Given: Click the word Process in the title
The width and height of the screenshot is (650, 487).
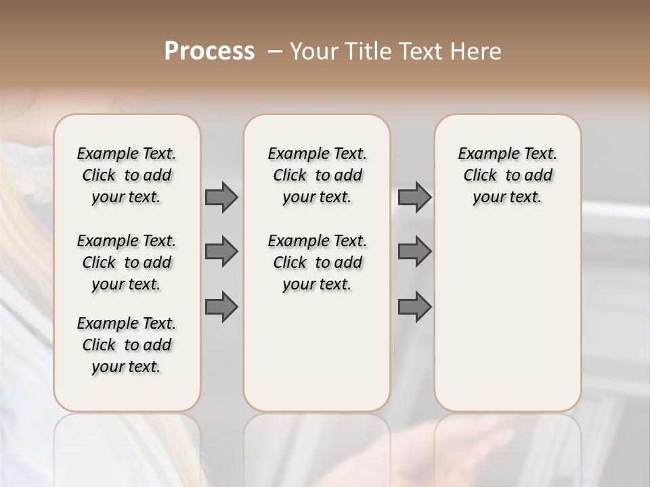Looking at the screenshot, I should pyautogui.click(x=210, y=51).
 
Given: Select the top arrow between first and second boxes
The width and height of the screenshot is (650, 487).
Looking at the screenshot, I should pyautogui.click(x=221, y=197).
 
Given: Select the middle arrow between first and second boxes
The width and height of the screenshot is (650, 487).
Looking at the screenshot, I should pyautogui.click(x=221, y=252).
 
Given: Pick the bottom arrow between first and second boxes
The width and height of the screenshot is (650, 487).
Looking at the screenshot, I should pyautogui.click(x=221, y=307).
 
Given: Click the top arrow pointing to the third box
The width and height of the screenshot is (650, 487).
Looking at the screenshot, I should pyautogui.click(x=414, y=197).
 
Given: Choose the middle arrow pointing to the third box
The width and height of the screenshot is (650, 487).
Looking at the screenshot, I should pyautogui.click(x=414, y=252).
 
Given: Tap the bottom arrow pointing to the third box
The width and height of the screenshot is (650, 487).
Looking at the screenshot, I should pyautogui.click(x=414, y=307).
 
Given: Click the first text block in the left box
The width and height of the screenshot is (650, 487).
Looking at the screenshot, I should pyautogui.click(x=127, y=175).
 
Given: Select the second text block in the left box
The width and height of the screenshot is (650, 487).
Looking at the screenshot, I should pyautogui.click(x=127, y=262).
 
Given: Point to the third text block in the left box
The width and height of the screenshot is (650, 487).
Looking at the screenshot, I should pyautogui.click(x=127, y=345).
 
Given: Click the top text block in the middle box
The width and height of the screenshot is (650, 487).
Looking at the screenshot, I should pyautogui.click(x=317, y=175).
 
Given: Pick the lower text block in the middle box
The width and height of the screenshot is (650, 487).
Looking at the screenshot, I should pyautogui.click(x=317, y=262).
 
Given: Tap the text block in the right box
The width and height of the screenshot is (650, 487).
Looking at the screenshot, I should pyautogui.click(x=507, y=175).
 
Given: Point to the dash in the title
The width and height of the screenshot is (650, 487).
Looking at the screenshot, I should pyautogui.click(x=275, y=51).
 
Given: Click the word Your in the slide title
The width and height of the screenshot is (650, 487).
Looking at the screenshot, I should pyautogui.click(x=313, y=51).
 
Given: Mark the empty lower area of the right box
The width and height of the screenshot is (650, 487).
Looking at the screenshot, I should pyautogui.click(x=507, y=311).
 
